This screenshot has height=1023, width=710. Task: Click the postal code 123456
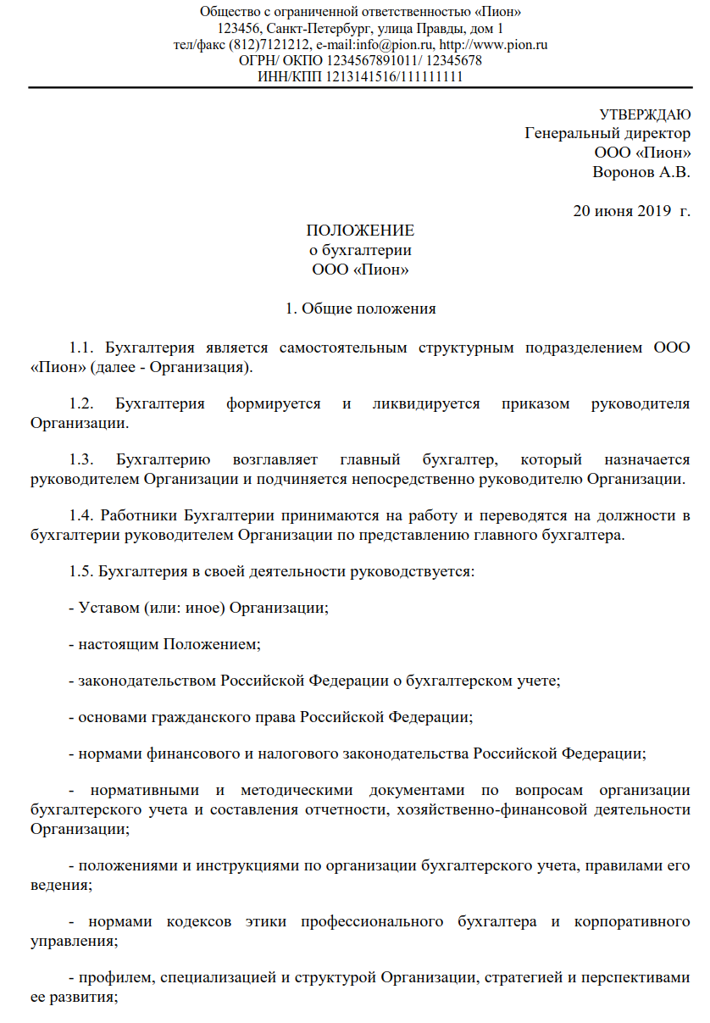pos(237,29)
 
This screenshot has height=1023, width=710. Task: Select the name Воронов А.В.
pos(641,172)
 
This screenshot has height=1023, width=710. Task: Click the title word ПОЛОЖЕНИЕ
pos(360,231)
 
